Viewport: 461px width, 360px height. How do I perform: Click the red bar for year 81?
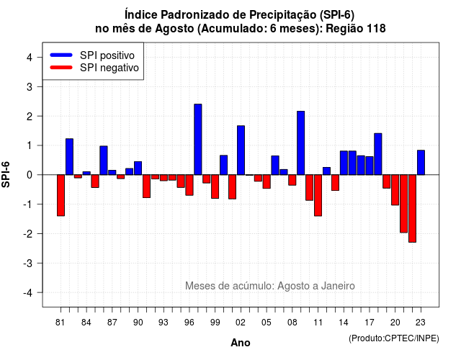(x=61, y=195)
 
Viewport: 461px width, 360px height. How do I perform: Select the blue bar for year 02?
(x=241, y=150)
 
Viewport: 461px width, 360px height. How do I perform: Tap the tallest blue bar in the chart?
(x=198, y=139)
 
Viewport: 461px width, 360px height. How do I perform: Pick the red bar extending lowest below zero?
(x=412, y=208)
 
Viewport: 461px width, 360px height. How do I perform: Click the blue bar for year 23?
(x=421, y=163)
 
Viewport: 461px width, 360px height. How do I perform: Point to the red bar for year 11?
(x=318, y=195)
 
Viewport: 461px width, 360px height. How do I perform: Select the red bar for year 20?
(x=395, y=190)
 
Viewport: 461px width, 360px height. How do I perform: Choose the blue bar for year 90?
(x=138, y=168)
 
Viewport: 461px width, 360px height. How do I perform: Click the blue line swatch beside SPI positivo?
(x=61, y=55)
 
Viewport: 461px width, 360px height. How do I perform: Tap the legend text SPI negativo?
(x=109, y=68)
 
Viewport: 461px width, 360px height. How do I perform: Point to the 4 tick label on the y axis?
(x=30, y=58)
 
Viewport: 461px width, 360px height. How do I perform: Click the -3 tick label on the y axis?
(x=28, y=263)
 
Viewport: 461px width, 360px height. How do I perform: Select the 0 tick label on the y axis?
(x=30, y=175)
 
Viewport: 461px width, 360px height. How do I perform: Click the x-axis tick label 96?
(x=189, y=323)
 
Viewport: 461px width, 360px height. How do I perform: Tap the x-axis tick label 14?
(x=344, y=323)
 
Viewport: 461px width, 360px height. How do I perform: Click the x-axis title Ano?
(x=241, y=343)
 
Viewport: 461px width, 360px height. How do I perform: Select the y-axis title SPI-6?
(x=6, y=174)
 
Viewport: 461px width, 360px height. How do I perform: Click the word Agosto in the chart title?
(x=174, y=29)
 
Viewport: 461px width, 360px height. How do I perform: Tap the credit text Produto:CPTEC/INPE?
(x=394, y=338)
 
